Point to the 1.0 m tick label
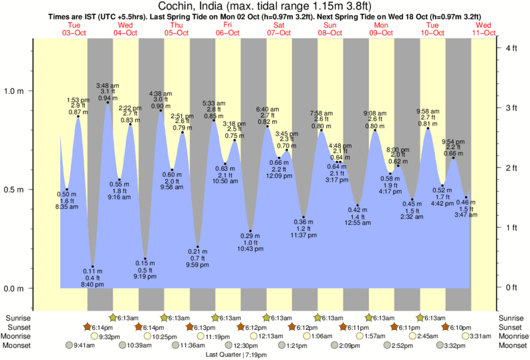[x=14, y=91]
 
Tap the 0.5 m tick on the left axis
[x=14, y=190]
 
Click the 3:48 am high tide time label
[x=108, y=85]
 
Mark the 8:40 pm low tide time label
[x=92, y=285]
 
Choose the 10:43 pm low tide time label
[x=250, y=248]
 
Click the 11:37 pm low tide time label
[x=303, y=235]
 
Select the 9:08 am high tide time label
[x=375, y=113]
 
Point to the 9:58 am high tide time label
[x=428, y=111]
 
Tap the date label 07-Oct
[x=279, y=33]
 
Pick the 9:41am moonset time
[x=81, y=346]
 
